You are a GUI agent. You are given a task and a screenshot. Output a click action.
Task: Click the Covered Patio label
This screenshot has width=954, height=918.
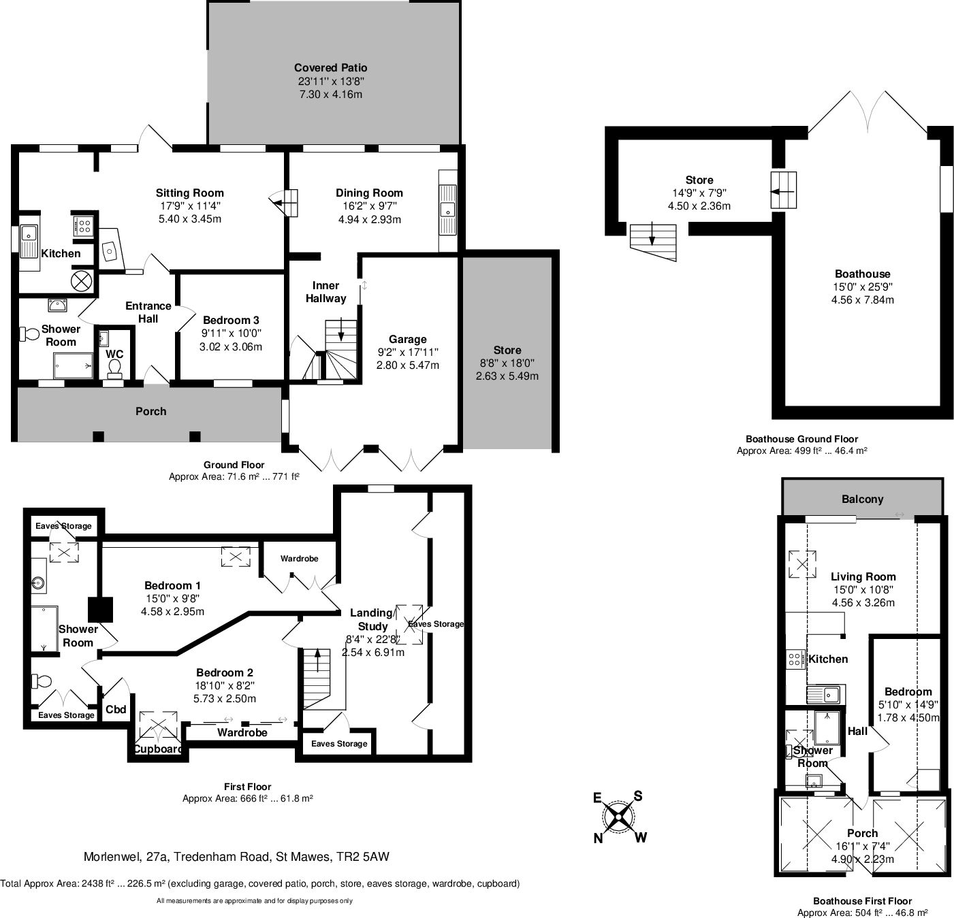330,68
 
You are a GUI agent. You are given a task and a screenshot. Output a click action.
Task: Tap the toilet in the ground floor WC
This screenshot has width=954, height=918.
114,368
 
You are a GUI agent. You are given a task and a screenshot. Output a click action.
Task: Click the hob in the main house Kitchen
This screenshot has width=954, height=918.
82,226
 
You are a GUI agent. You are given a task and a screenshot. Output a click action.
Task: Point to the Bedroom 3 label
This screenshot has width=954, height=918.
231,321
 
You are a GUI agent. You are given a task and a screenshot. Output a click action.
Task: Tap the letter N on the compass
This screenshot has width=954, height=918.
599,838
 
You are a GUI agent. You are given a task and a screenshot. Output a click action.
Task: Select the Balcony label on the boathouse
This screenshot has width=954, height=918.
862,499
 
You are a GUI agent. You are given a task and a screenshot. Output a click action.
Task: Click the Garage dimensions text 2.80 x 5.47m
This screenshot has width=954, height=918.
407,365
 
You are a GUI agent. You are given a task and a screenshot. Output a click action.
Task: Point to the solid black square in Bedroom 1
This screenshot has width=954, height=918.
101,609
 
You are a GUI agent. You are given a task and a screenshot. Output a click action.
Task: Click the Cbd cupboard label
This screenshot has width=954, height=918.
116,710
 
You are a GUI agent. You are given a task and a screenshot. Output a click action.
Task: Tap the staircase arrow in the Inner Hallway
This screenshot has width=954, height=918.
341,333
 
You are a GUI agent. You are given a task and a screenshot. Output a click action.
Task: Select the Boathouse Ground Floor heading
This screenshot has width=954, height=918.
801,440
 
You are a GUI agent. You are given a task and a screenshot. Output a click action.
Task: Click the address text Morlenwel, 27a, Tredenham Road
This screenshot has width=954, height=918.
236,857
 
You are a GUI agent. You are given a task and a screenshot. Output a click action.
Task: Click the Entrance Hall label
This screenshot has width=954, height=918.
148,312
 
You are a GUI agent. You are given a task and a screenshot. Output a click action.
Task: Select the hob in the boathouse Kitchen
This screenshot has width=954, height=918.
795,659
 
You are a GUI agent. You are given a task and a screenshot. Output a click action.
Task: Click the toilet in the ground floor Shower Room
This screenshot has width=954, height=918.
30,334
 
